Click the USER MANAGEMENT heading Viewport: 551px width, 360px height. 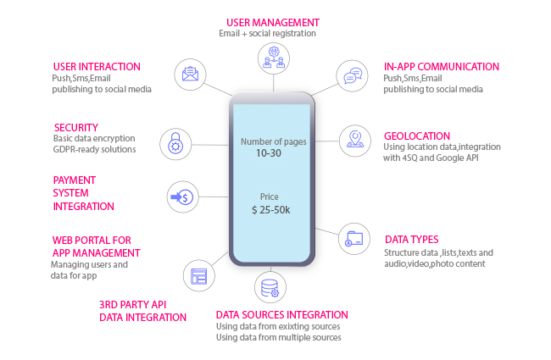coord(273,23)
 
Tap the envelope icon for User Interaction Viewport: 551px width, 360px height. coord(190,74)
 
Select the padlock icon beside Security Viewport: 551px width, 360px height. coord(175,144)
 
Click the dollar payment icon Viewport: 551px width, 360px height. coord(182,197)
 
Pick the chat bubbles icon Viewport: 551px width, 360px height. coord(353,75)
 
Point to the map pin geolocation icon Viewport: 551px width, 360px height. coord(355,139)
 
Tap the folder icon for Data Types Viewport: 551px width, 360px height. coord(353,239)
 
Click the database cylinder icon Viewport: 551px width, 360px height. coord(270,288)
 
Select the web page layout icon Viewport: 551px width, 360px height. coord(199,276)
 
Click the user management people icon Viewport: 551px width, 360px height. coord(274,58)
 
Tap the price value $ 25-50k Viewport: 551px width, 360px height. coord(271,210)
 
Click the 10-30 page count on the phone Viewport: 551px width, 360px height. coord(269,153)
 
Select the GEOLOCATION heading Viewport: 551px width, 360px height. coord(417,136)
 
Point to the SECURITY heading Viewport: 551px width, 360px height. coord(76,128)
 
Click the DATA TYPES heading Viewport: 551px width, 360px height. coord(411,240)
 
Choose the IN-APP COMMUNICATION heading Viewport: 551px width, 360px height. coord(442,67)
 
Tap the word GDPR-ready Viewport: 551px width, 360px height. coord(74,150)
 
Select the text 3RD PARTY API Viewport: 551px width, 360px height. coord(132,304)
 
